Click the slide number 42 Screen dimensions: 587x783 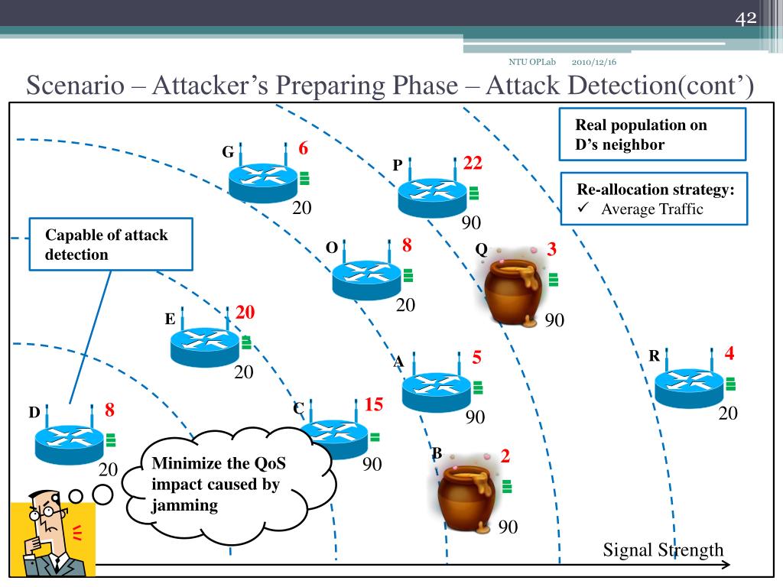point(746,18)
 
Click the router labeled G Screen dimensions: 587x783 point(262,180)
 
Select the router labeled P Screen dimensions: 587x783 point(432,196)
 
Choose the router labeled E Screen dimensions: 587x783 point(204,345)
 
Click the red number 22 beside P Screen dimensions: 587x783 point(473,164)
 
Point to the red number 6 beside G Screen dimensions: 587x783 point(303,149)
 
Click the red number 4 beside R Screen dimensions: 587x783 point(729,354)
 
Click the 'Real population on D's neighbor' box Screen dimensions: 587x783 point(654,135)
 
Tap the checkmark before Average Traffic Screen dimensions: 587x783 point(583,209)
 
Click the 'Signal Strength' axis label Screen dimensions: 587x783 point(663,550)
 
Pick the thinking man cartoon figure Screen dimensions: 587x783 point(52,539)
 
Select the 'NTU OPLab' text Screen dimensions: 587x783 point(532,62)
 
